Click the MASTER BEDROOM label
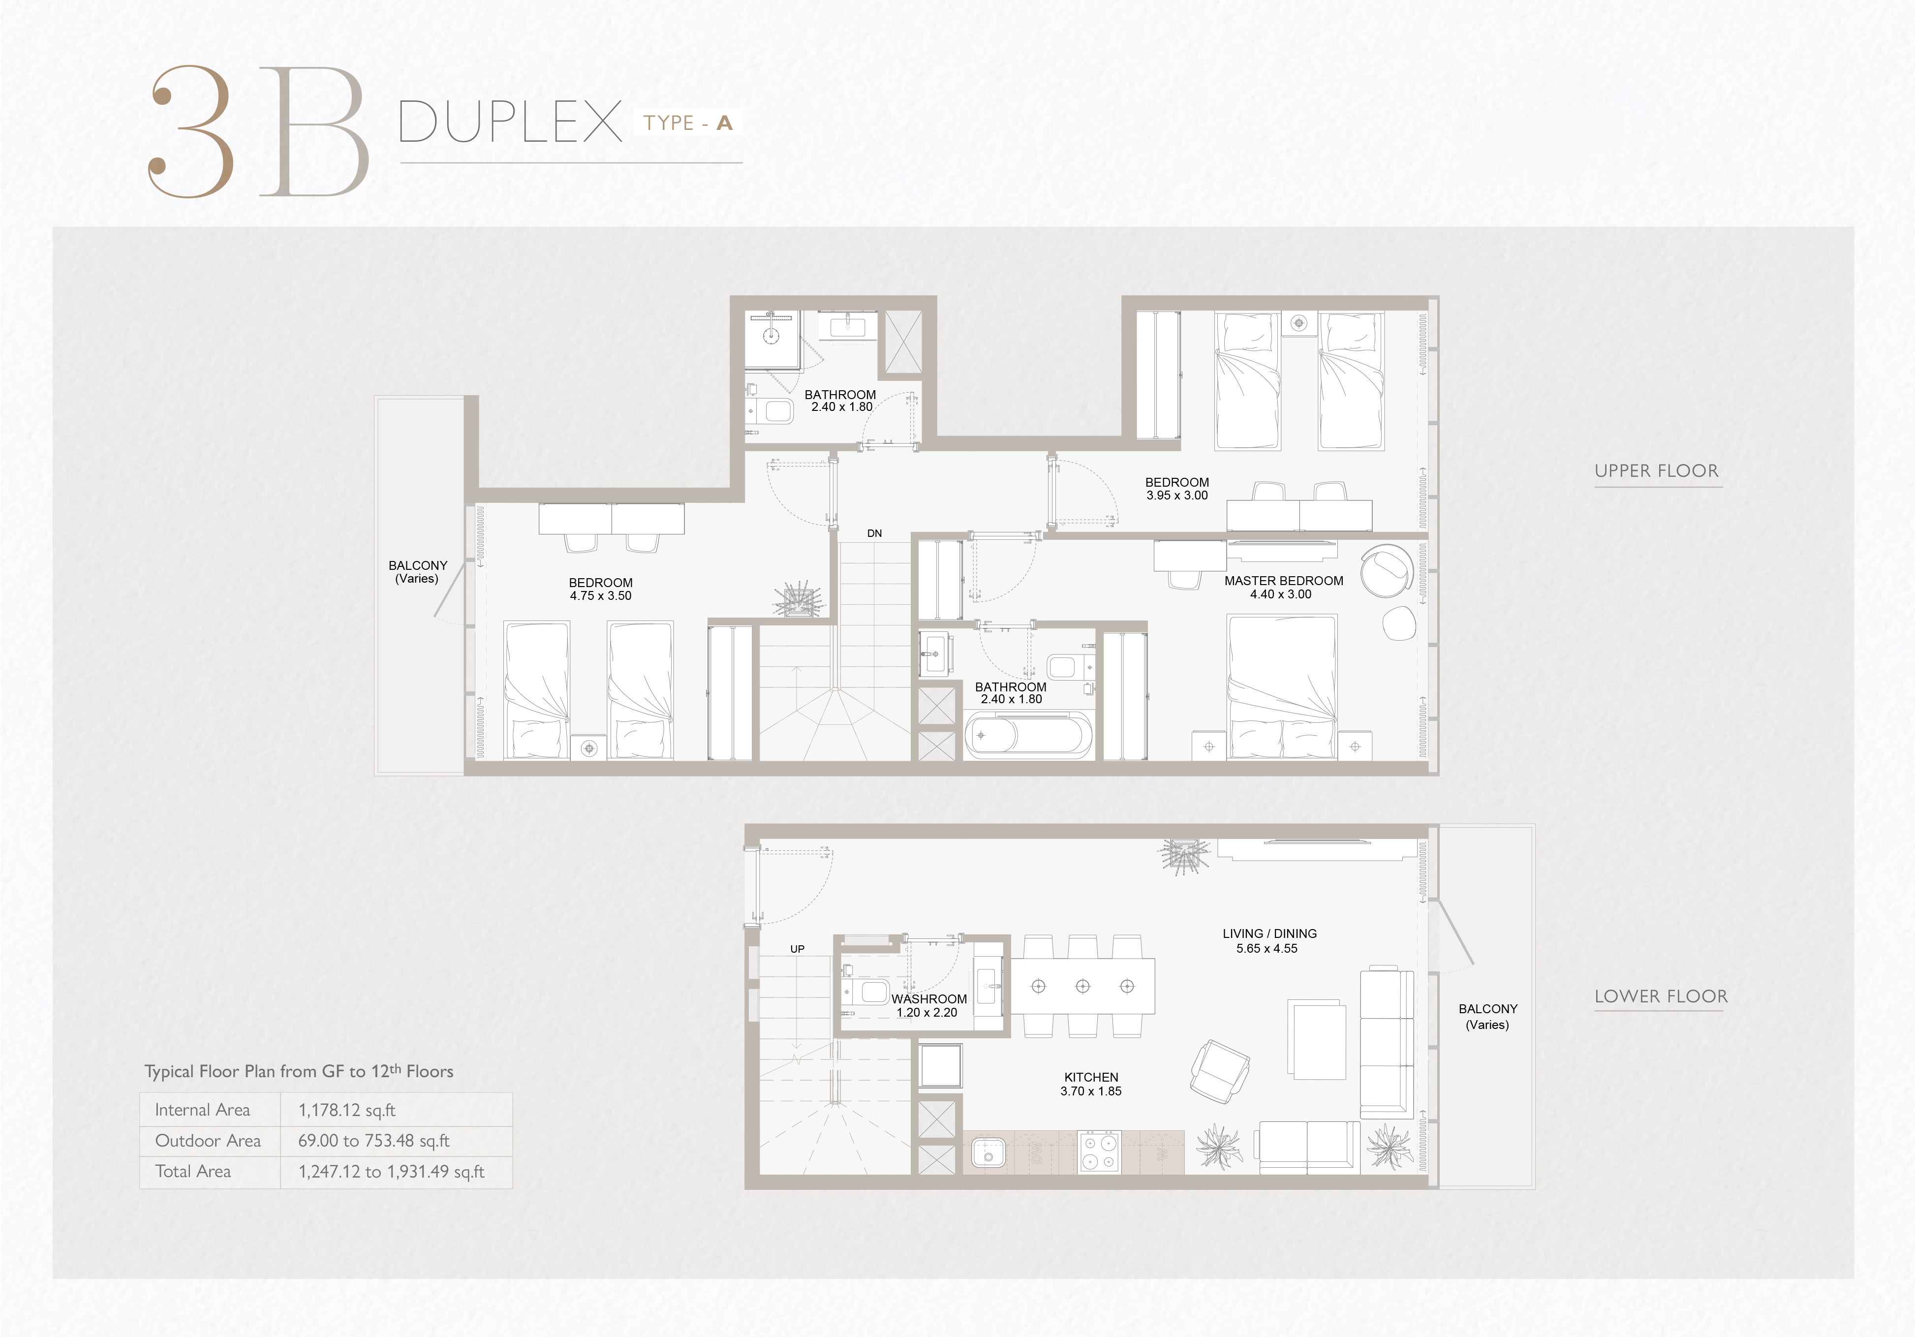1284,581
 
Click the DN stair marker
874,533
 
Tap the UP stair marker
798,949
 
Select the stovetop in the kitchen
1098,1152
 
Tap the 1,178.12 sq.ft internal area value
347,1110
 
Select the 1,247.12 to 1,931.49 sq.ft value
391,1171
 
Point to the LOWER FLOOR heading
1661,996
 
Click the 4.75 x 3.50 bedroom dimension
600,595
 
